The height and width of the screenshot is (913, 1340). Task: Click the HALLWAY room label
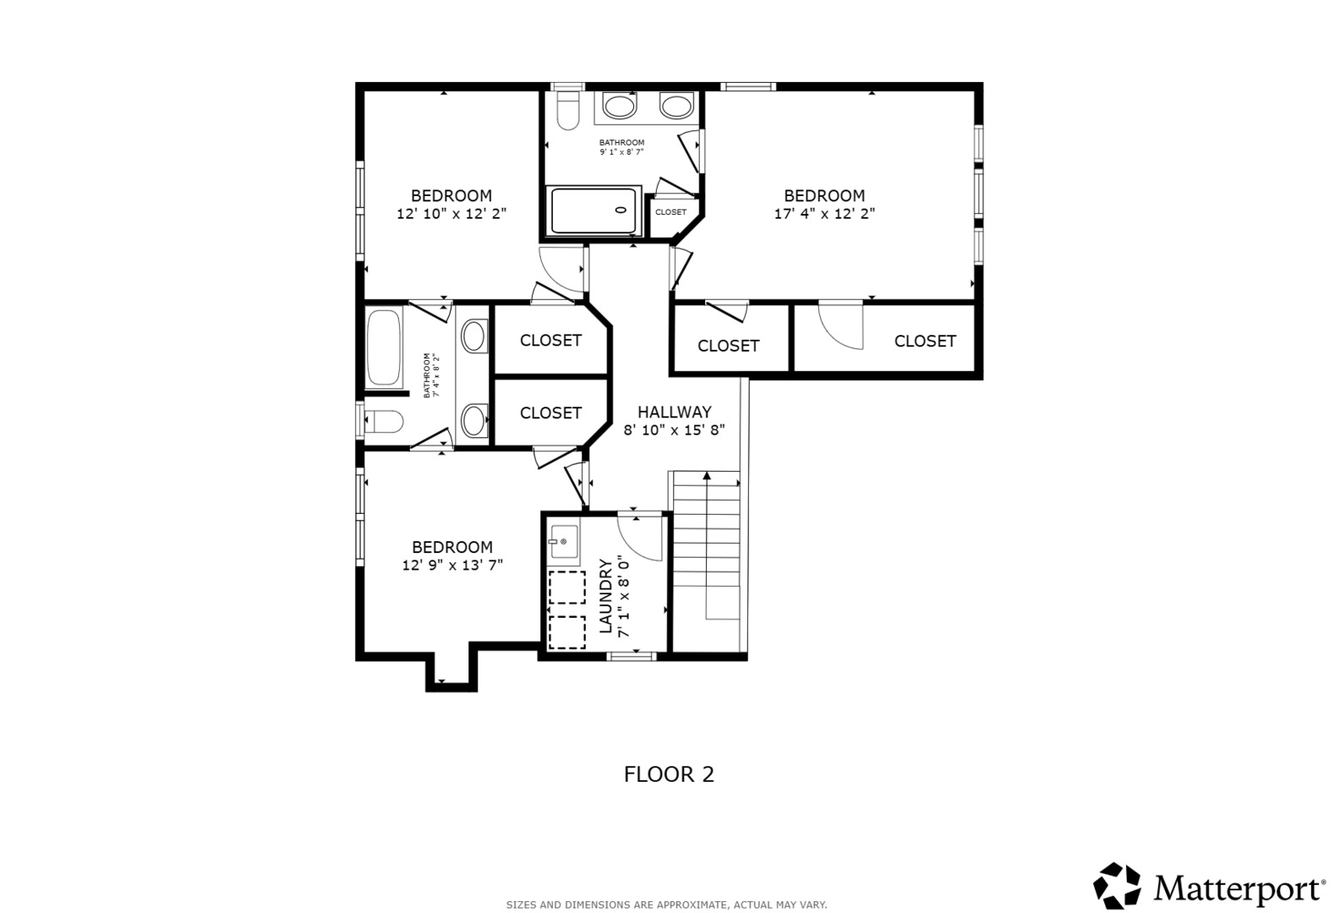674,413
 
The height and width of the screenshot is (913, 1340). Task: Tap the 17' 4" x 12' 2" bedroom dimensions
824,214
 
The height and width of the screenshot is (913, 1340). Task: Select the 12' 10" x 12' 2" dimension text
451,214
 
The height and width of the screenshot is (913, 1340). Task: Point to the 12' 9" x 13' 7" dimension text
452,565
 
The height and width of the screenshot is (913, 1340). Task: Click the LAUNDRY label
606,596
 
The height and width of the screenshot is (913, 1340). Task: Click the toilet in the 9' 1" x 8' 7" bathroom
568,110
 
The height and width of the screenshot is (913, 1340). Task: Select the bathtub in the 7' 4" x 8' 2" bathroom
384,347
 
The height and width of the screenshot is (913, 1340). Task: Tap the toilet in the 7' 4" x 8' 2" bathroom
384,421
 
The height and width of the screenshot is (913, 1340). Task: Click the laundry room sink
564,542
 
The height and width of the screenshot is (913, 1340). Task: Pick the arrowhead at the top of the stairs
707,476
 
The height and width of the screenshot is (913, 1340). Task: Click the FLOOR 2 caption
669,774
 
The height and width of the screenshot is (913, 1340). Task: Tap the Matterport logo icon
1117,885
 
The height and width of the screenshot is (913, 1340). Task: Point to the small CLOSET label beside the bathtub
670,212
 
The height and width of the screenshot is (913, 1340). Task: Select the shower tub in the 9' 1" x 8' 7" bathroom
595,210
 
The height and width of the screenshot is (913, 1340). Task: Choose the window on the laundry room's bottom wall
632,656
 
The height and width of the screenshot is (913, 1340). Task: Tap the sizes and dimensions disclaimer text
666,905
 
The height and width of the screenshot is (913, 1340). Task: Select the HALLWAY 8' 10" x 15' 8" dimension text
674,430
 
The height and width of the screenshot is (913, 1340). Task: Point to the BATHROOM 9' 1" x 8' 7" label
621,147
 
